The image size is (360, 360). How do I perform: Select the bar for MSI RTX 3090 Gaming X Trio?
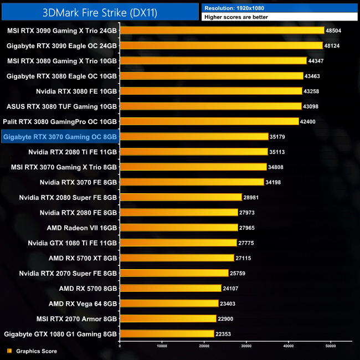coord(222,30)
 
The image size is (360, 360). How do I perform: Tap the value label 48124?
coord(333,45)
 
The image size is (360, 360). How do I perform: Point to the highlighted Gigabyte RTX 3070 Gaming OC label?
coord(60,136)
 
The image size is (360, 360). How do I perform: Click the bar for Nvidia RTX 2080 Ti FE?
coord(194,151)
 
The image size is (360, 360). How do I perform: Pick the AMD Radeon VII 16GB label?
coord(82,227)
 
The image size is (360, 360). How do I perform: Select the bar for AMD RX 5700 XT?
coord(177,258)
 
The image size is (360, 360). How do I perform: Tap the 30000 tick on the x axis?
coord(246,347)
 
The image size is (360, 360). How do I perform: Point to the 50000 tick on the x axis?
coord(331,347)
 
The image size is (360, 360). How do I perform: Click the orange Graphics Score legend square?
coord(9,351)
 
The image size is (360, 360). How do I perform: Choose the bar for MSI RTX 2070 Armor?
coord(168,318)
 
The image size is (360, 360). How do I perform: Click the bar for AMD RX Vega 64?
coord(169,303)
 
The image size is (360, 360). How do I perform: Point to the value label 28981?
coord(253,197)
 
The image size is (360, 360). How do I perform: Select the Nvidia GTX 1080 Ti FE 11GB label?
coord(73,243)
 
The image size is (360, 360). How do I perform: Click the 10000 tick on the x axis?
coord(162,347)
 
